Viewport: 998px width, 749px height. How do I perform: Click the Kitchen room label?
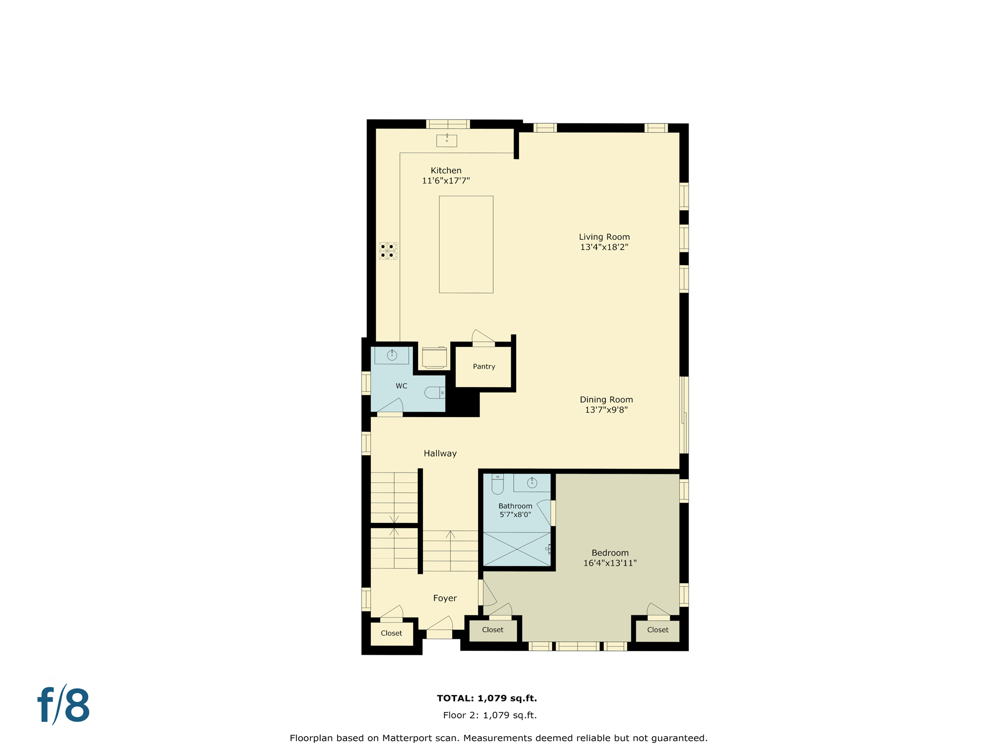(x=446, y=171)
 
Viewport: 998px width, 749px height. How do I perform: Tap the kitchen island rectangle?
(x=466, y=244)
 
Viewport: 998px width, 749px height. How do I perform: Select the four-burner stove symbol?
(x=388, y=251)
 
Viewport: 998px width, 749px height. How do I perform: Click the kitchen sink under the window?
(x=446, y=140)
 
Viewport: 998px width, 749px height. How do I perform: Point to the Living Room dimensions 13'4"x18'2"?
(x=604, y=247)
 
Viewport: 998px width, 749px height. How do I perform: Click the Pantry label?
(x=484, y=367)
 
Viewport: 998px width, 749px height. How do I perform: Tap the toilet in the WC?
(x=435, y=393)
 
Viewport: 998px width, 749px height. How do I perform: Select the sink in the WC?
(x=392, y=355)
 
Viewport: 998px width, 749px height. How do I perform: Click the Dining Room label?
(x=606, y=400)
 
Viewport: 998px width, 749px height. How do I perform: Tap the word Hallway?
(x=440, y=453)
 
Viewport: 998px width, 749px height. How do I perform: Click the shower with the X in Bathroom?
(x=517, y=549)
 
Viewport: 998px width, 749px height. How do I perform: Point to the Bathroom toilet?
(x=497, y=484)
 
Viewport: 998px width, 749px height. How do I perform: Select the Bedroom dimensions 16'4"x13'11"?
(x=610, y=563)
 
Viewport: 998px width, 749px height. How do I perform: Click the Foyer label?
(x=445, y=598)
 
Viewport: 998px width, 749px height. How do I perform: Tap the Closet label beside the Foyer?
(x=391, y=633)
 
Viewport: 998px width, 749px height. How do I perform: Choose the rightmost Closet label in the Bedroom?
(x=657, y=630)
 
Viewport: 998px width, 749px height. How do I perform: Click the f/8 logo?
(x=64, y=705)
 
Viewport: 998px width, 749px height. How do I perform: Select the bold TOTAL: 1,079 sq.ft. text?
(x=487, y=698)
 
